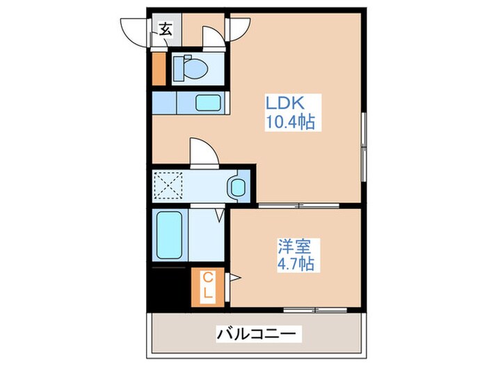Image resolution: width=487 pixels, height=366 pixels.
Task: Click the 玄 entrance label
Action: point(166,29)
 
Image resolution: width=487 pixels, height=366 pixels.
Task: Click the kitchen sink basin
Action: point(208,103)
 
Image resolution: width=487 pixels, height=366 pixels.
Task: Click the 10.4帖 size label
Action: point(290,123)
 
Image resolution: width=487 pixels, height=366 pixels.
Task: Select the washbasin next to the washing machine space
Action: point(237,187)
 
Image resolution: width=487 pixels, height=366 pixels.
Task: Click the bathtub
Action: point(169,234)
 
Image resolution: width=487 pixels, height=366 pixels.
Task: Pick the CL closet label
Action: point(207,287)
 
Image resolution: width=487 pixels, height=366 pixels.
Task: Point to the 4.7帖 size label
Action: point(296,264)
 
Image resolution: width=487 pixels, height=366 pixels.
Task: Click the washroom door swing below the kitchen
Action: point(203,153)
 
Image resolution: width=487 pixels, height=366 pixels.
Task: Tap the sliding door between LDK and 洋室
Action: point(299,206)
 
